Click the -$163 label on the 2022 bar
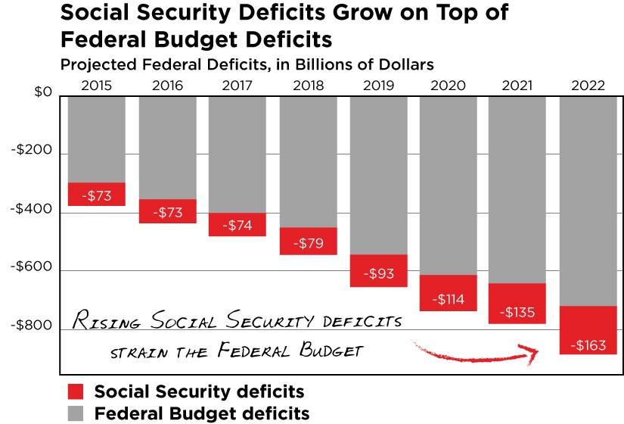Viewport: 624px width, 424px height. click(x=588, y=346)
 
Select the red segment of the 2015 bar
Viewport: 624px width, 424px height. click(x=96, y=194)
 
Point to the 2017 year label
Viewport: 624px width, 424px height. click(x=237, y=85)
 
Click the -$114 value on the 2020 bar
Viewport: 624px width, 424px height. click(x=449, y=299)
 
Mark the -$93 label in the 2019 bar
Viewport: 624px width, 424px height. click(x=378, y=273)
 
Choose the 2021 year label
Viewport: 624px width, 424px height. click(x=518, y=85)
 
